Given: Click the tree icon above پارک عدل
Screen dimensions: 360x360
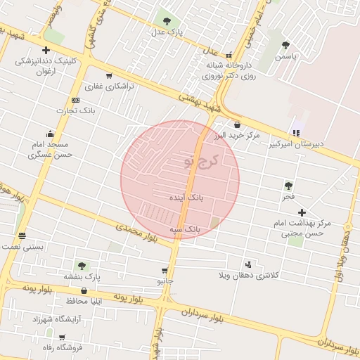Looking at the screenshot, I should point(167,20).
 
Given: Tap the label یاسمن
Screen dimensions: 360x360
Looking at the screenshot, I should point(286,56).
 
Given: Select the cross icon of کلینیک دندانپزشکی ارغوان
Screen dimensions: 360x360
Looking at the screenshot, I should point(46,50).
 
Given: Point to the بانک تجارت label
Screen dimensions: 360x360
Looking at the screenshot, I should point(77,111).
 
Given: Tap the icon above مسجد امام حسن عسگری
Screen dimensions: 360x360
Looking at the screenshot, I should point(50,134).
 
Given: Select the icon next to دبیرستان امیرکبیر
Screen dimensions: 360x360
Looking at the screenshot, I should point(296,133).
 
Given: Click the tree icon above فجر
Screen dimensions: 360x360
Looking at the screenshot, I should point(288,186).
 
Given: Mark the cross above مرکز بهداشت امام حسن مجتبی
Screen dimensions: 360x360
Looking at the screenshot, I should point(302,212).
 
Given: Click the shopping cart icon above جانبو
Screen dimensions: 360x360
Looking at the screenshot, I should point(165,270).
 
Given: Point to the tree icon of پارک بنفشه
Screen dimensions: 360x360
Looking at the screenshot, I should point(82,266).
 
